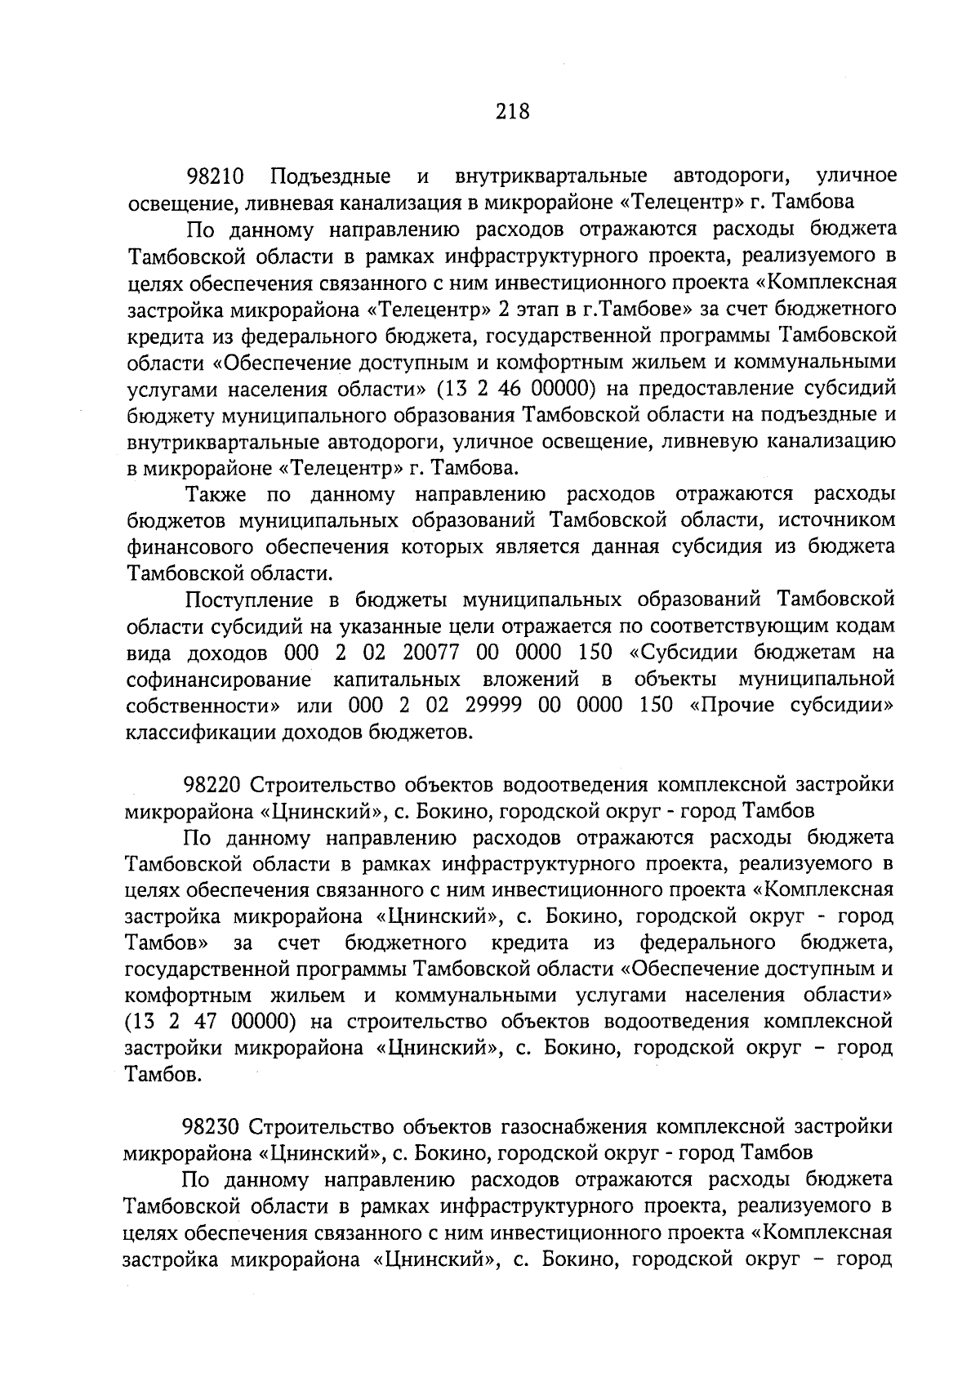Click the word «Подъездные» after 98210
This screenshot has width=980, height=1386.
point(330,176)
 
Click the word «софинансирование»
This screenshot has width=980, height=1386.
point(219,679)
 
